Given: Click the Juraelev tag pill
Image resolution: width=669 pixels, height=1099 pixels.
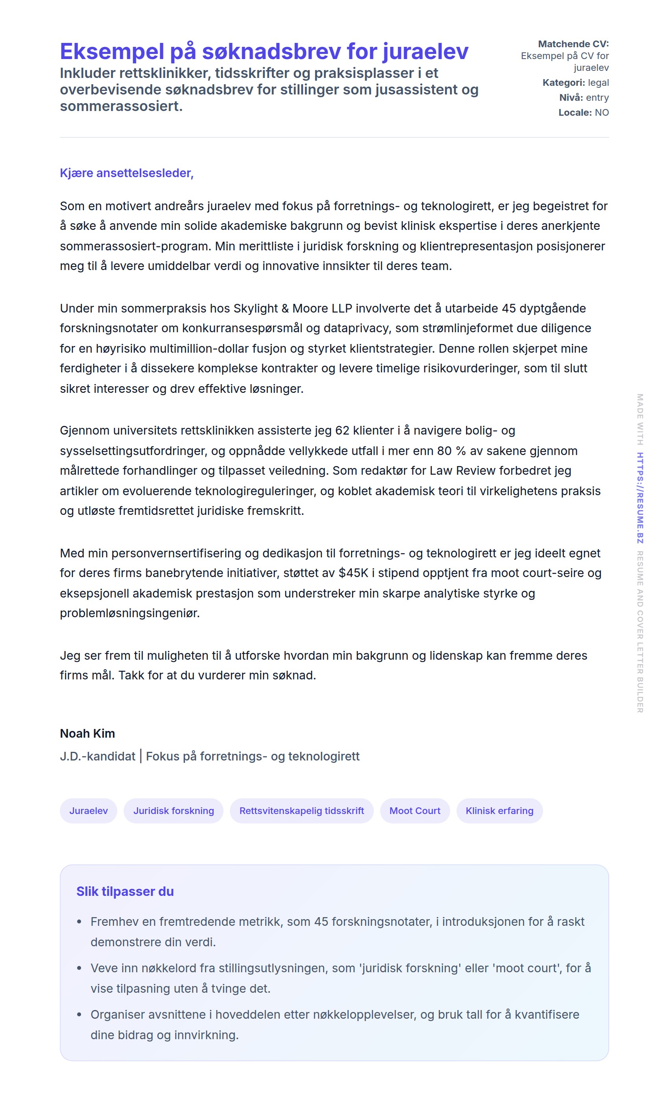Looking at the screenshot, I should click(x=88, y=810).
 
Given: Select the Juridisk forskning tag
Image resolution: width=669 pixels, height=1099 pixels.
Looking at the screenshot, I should click(x=174, y=810).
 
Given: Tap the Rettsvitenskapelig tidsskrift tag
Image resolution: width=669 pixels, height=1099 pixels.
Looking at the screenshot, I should click(x=301, y=810).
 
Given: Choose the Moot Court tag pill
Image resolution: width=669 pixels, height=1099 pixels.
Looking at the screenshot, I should click(x=415, y=810).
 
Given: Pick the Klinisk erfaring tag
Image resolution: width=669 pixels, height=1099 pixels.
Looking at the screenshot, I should click(x=499, y=810).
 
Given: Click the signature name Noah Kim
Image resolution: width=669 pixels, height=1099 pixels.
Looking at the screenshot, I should click(x=87, y=733).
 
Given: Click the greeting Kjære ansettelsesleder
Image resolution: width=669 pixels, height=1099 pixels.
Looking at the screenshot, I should click(x=127, y=173).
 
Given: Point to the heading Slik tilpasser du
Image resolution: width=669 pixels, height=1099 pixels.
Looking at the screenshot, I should click(x=125, y=891).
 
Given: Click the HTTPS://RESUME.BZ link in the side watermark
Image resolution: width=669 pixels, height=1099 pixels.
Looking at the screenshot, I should click(x=640, y=498).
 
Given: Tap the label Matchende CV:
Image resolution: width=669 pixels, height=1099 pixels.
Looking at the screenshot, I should click(x=573, y=44).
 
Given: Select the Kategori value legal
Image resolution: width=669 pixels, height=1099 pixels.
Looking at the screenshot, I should click(x=598, y=83).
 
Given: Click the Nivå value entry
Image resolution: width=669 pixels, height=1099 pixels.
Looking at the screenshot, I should click(x=597, y=98).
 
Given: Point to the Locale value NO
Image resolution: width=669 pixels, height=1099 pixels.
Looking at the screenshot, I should click(x=602, y=113).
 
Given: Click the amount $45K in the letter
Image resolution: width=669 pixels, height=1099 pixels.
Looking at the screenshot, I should click(x=353, y=573).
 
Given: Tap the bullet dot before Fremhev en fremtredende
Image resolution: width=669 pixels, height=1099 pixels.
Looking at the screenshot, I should click(x=79, y=921).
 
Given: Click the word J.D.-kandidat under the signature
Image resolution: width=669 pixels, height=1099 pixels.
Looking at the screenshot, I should click(x=98, y=756).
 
